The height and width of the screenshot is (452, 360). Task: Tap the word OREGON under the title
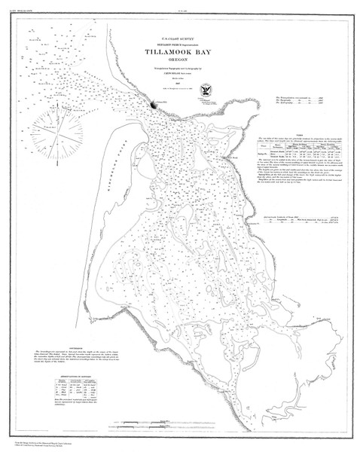point(180,65)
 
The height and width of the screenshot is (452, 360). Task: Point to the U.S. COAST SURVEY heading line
point(179,38)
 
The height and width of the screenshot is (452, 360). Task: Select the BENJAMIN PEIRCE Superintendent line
point(179,44)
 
